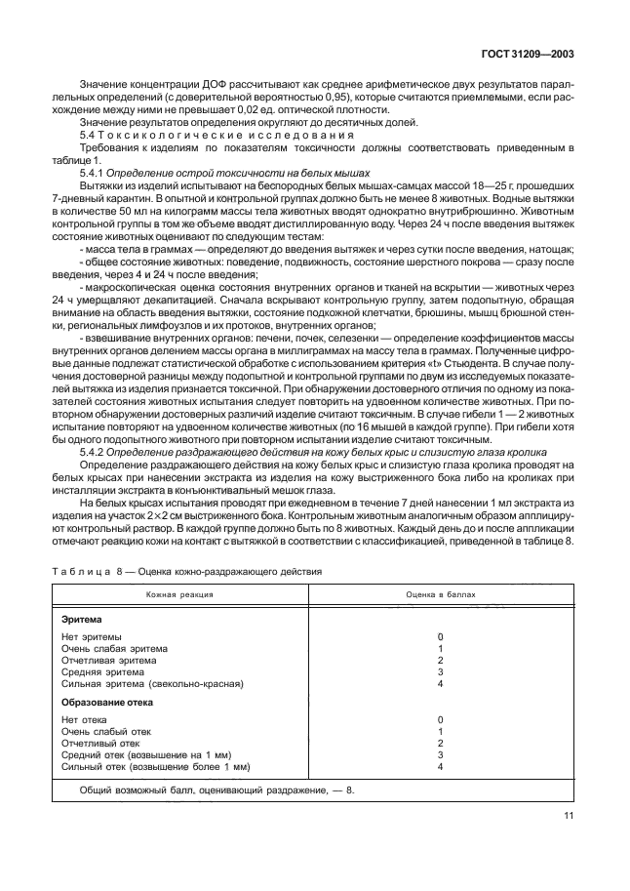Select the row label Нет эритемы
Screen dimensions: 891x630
(92, 636)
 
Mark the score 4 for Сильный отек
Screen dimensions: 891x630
(441, 767)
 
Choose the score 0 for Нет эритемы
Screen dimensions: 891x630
(441, 636)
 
